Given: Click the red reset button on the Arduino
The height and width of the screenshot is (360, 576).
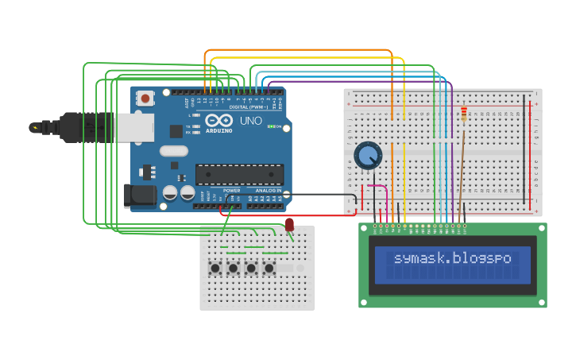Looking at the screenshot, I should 145,98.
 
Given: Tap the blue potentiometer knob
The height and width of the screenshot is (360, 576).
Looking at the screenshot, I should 368,155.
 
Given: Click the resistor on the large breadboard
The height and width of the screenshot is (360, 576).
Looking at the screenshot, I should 464,116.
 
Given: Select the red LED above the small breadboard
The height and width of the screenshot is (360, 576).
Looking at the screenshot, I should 289,225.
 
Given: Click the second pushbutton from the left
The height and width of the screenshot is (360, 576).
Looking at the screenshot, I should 233,269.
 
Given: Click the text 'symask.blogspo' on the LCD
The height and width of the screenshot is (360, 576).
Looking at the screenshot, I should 452,258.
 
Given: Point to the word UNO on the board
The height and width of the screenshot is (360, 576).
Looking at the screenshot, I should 250,121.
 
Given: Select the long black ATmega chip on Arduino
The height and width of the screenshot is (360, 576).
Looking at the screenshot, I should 239,174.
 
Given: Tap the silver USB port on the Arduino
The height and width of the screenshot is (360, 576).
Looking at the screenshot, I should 134,127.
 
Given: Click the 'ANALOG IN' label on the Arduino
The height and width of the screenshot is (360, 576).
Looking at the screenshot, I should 268,191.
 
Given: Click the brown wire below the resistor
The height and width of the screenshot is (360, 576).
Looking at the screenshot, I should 460,175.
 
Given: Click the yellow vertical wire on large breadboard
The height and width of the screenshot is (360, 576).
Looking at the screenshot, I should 404,175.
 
